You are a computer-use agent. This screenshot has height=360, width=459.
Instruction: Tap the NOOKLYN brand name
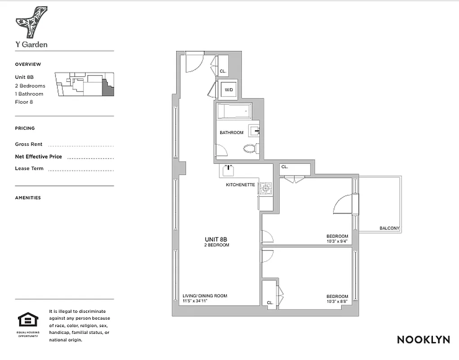coord(423,340)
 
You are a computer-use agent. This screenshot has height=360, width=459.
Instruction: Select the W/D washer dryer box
coord(229,90)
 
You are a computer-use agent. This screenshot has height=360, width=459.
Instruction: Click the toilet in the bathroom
coord(249,148)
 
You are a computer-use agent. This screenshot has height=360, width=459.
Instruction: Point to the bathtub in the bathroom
coord(232,111)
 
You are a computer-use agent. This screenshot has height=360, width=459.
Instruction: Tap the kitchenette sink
coord(228,170)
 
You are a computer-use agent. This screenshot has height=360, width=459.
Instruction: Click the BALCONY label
coord(389,228)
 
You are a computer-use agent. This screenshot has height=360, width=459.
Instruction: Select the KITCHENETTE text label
coord(241,185)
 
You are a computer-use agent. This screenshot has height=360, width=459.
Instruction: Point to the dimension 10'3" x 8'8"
coord(337,302)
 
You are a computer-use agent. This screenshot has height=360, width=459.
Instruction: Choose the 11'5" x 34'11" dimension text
coord(198,301)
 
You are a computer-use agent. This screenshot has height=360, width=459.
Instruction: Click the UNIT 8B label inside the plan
coord(217,239)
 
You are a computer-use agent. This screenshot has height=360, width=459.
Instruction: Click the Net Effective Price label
coord(39,157)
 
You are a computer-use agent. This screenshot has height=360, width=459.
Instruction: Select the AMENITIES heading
coord(28,198)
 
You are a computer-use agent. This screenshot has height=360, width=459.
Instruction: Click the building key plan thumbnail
coord(85,84)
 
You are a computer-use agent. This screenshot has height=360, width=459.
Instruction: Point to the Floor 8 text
coord(24,102)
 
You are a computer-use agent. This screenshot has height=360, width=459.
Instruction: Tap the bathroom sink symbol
coord(255,131)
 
